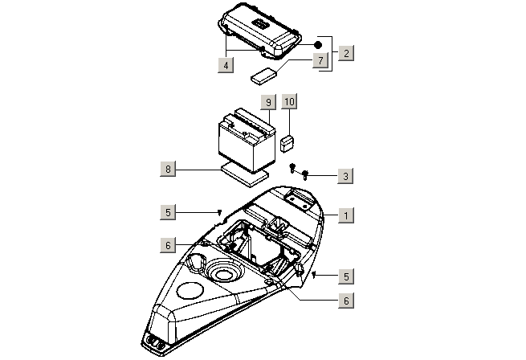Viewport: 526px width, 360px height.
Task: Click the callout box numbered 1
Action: click(345, 215)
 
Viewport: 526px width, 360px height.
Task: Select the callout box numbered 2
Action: click(345, 53)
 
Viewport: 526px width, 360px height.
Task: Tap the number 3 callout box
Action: click(345, 175)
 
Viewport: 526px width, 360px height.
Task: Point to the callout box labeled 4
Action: click(227, 65)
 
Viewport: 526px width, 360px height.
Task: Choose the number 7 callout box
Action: click(319, 60)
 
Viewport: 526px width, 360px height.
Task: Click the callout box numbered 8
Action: click(168, 169)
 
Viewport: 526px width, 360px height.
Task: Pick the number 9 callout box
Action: click(267, 102)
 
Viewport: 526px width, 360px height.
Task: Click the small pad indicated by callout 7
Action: click(263, 76)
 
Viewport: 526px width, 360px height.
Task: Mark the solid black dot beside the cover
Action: click(317, 43)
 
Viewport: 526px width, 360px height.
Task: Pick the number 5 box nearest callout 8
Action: click(167, 212)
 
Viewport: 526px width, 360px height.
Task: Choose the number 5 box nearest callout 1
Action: click(345, 276)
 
